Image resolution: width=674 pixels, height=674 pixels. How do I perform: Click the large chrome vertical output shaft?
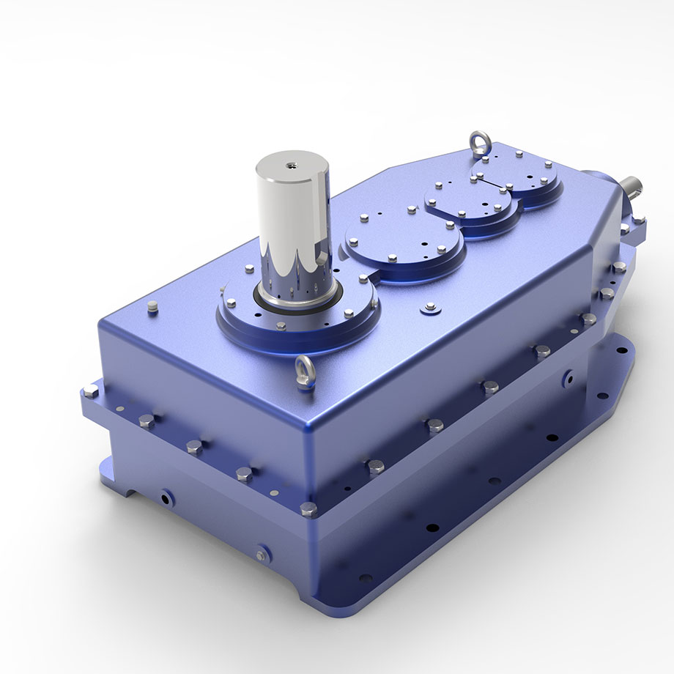[x=292, y=220]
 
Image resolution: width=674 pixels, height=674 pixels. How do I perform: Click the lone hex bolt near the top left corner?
[x=152, y=306]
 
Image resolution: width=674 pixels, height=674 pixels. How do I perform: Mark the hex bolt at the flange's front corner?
[x=308, y=508]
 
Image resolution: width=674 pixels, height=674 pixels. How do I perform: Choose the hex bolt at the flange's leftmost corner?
[x=90, y=391]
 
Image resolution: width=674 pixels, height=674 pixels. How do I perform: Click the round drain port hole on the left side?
[x=168, y=498]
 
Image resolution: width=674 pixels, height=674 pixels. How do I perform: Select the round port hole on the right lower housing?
[x=569, y=379]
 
